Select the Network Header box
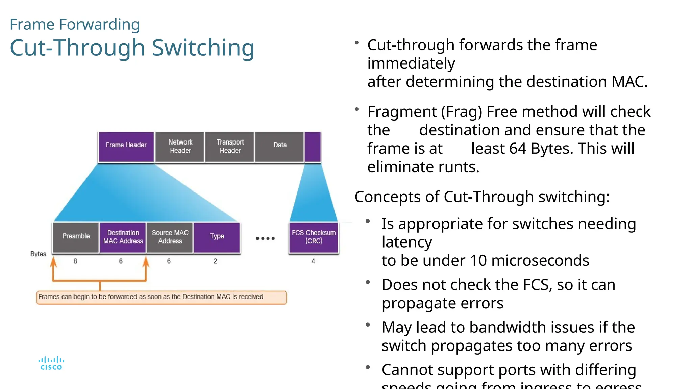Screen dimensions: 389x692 click(x=180, y=147)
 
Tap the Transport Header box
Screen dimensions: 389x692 click(x=230, y=147)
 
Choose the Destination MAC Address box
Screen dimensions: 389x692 click(x=123, y=237)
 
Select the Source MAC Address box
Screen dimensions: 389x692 click(x=170, y=237)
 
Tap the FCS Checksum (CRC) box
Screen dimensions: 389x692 click(x=314, y=237)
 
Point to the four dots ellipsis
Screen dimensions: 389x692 click(x=265, y=238)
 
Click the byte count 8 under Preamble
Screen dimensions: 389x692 click(x=75, y=261)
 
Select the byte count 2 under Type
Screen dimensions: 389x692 click(x=215, y=261)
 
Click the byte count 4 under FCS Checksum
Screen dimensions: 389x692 click(x=313, y=261)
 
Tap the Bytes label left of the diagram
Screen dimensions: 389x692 click(x=38, y=254)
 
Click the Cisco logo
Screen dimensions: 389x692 click(x=51, y=363)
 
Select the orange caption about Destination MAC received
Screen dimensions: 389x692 click(x=161, y=297)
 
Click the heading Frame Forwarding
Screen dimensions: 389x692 click(x=75, y=24)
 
